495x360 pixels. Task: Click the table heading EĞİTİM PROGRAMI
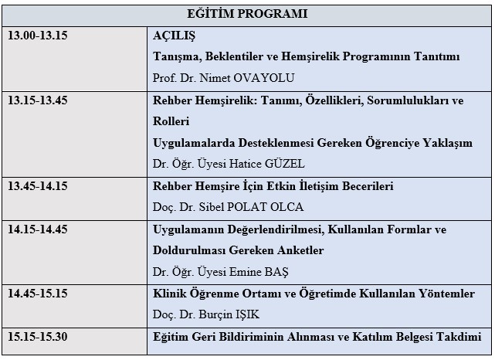pyautogui.click(x=247, y=14)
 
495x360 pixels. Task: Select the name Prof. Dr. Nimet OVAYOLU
pyautogui.click(x=225, y=78)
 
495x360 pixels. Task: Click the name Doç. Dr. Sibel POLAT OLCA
pyautogui.click(x=227, y=207)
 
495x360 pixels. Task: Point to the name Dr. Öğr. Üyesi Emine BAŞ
pyautogui.click(x=225, y=271)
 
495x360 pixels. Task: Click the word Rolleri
pyautogui.click(x=172, y=121)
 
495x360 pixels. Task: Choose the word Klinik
pyautogui.click(x=173, y=294)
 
